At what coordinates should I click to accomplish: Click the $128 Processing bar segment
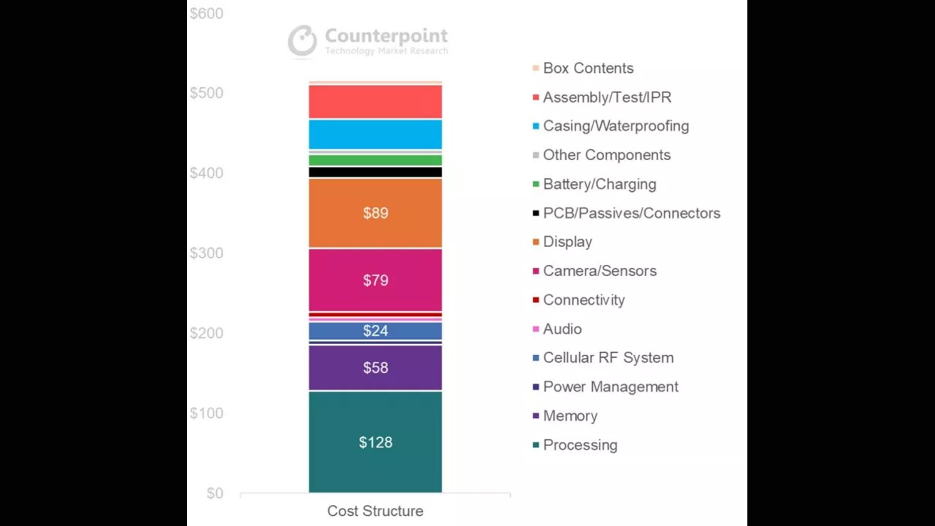tap(375, 442)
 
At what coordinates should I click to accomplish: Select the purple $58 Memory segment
tap(375, 368)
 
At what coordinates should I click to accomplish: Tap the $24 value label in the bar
tap(375, 331)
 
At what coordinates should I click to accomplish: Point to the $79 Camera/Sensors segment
tap(375, 280)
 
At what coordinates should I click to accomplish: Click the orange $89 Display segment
tap(375, 213)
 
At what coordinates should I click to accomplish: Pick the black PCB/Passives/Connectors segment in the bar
tap(375, 172)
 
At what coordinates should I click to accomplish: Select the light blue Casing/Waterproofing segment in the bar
tap(375, 135)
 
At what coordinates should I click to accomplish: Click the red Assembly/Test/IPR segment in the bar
tap(375, 102)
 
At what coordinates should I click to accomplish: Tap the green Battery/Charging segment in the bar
tap(375, 160)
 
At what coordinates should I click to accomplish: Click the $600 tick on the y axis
tap(206, 14)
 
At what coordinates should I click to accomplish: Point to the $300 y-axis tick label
tap(206, 253)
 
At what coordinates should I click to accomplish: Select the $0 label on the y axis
tap(214, 494)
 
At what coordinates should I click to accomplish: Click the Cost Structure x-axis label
tap(375, 511)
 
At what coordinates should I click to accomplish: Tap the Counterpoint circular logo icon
tap(302, 41)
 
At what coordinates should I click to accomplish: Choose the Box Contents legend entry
tap(588, 68)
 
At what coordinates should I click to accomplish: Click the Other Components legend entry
tap(606, 155)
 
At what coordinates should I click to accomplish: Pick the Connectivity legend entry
tap(583, 300)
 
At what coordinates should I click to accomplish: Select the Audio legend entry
tap(562, 329)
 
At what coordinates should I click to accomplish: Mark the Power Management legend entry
tap(610, 387)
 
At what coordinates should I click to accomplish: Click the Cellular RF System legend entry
tap(608, 358)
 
